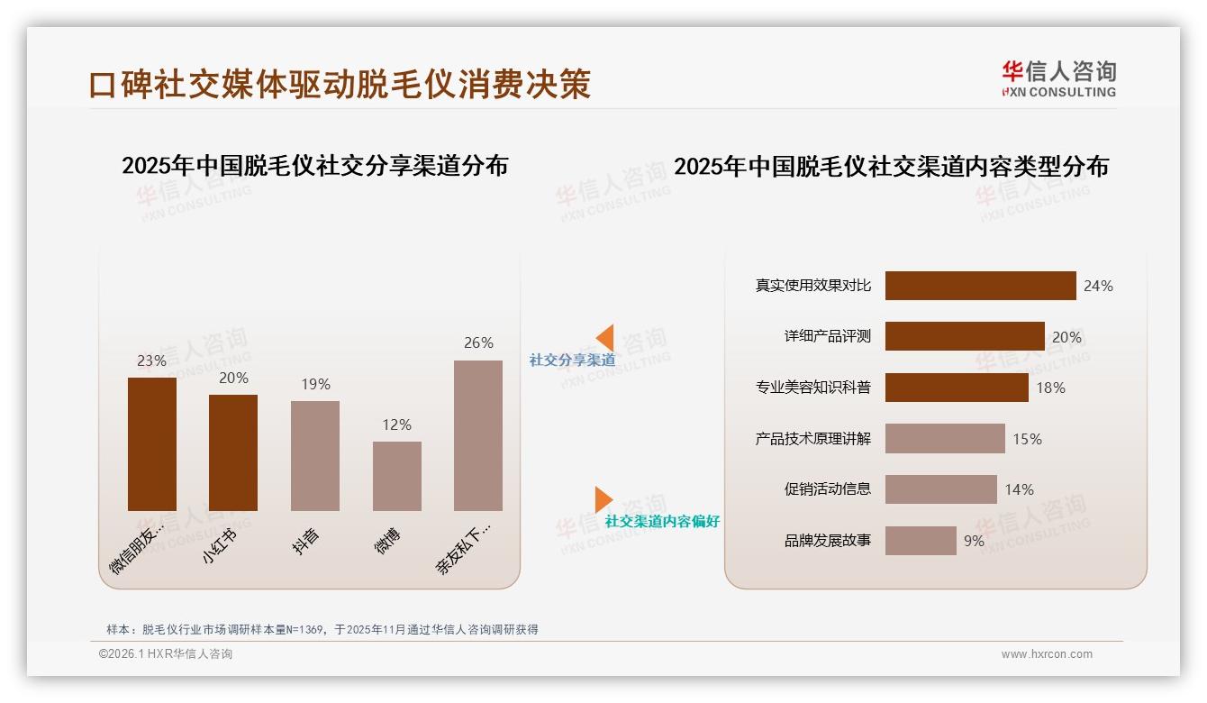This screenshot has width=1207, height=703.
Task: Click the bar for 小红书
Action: click(233, 452)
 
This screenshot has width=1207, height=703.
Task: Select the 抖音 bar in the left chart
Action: click(315, 455)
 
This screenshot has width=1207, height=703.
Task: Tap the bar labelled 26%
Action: click(478, 435)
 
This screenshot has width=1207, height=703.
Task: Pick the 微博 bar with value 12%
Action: click(396, 476)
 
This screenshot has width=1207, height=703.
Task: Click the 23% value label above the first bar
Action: click(151, 361)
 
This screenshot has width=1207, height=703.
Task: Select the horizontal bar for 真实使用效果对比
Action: click(980, 286)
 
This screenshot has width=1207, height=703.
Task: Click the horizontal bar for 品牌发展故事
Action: click(921, 541)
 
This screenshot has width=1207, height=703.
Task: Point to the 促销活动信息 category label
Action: click(828, 489)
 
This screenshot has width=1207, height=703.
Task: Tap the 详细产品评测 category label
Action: click(828, 336)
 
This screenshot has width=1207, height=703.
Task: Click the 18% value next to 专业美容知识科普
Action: click(1050, 388)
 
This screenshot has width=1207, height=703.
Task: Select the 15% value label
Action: click(1027, 439)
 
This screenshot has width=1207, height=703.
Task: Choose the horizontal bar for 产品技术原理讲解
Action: click(945, 439)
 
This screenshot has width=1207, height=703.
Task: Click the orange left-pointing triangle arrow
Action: click(604, 338)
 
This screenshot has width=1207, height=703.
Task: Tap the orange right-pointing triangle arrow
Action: click(603, 499)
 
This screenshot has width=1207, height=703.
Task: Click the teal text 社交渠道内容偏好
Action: click(662, 522)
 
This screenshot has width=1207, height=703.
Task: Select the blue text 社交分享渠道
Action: click(572, 361)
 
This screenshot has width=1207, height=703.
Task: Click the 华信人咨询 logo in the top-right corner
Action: click(1058, 79)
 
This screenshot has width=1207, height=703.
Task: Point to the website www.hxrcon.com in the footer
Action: click(1047, 654)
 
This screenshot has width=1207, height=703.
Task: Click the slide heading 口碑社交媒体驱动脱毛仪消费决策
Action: click(340, 84)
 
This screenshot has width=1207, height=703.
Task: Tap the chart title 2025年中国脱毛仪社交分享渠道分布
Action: click(314, 166)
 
